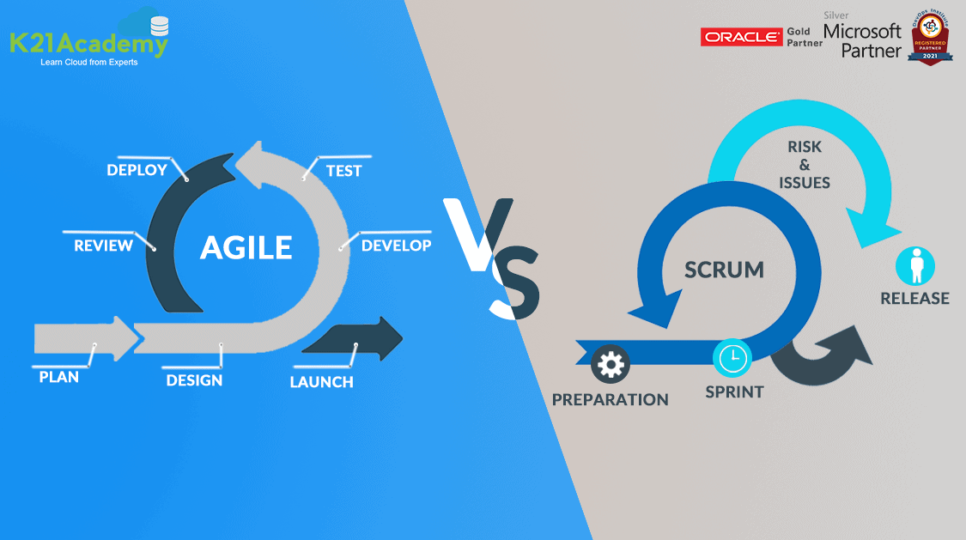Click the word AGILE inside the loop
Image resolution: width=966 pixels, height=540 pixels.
click(246, 247)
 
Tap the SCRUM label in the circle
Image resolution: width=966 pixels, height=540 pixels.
click(724, 270)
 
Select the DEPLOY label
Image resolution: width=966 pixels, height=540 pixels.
click(137, 170)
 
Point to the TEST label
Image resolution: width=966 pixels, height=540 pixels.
click(343, 171)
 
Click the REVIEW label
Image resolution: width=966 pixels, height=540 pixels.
click(103, 246)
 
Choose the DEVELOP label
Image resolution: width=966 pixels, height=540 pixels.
click(396, 246)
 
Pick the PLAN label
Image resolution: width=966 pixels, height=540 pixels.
click(58, 377)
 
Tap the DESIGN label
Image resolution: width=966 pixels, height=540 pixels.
click(194, 380)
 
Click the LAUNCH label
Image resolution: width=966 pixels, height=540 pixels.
click(321, 382)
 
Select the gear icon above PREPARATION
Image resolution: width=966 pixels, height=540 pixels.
click(611, 364)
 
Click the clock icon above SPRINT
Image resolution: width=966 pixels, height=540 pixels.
click(733, 358)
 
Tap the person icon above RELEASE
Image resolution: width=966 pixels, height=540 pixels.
click(914, 265)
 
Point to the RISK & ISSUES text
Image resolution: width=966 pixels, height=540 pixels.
click(805, 165)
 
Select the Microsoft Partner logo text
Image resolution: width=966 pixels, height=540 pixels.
click(862, 40)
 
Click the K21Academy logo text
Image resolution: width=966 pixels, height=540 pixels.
click(88, 44)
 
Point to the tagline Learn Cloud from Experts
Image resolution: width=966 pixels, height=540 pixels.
click(88, 63)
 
